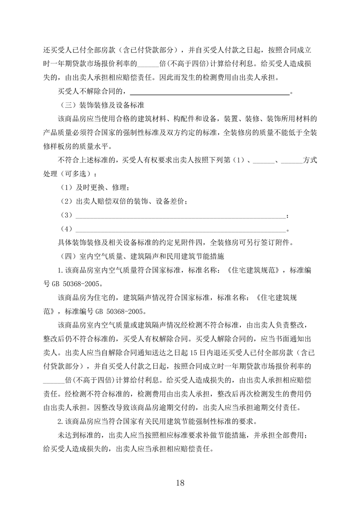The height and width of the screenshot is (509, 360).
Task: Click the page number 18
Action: [180, 482]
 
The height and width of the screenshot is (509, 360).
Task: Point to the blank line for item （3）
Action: [181, 215]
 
